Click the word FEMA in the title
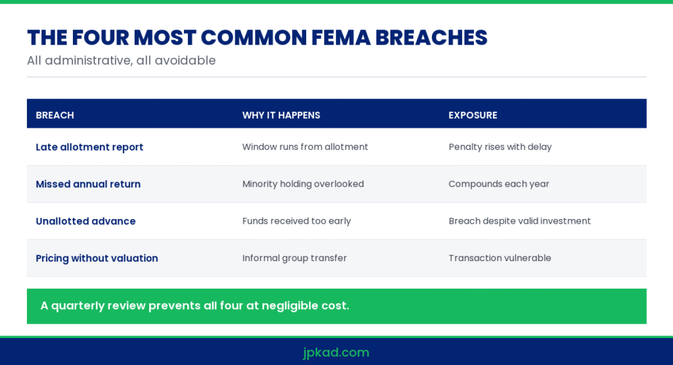[x=341, y=37]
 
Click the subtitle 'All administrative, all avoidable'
[x=122, y=61]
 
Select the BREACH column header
[x=55, y=115]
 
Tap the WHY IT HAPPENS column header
[x=281, y=115]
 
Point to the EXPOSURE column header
[x=473, y=115]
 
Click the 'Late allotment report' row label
[x=89, y=147]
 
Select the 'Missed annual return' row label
[x=88, y=183]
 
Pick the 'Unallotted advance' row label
[x=85, y=221]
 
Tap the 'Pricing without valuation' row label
[x=97, y=258]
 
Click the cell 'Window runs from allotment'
[x=305, y=147]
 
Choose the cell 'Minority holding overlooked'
[x=303, y=183]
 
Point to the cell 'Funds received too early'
[x=296, y=221]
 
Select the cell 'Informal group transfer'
[x=294, y=258]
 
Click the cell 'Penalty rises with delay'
[x=500, y=147]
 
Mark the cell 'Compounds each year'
[x=499, y=183]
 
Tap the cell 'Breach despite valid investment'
[x=519, y=221]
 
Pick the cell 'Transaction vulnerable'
[x=499, y=258]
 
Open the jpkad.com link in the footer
[x=336, y=353]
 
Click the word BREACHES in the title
[x=431, y=37]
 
